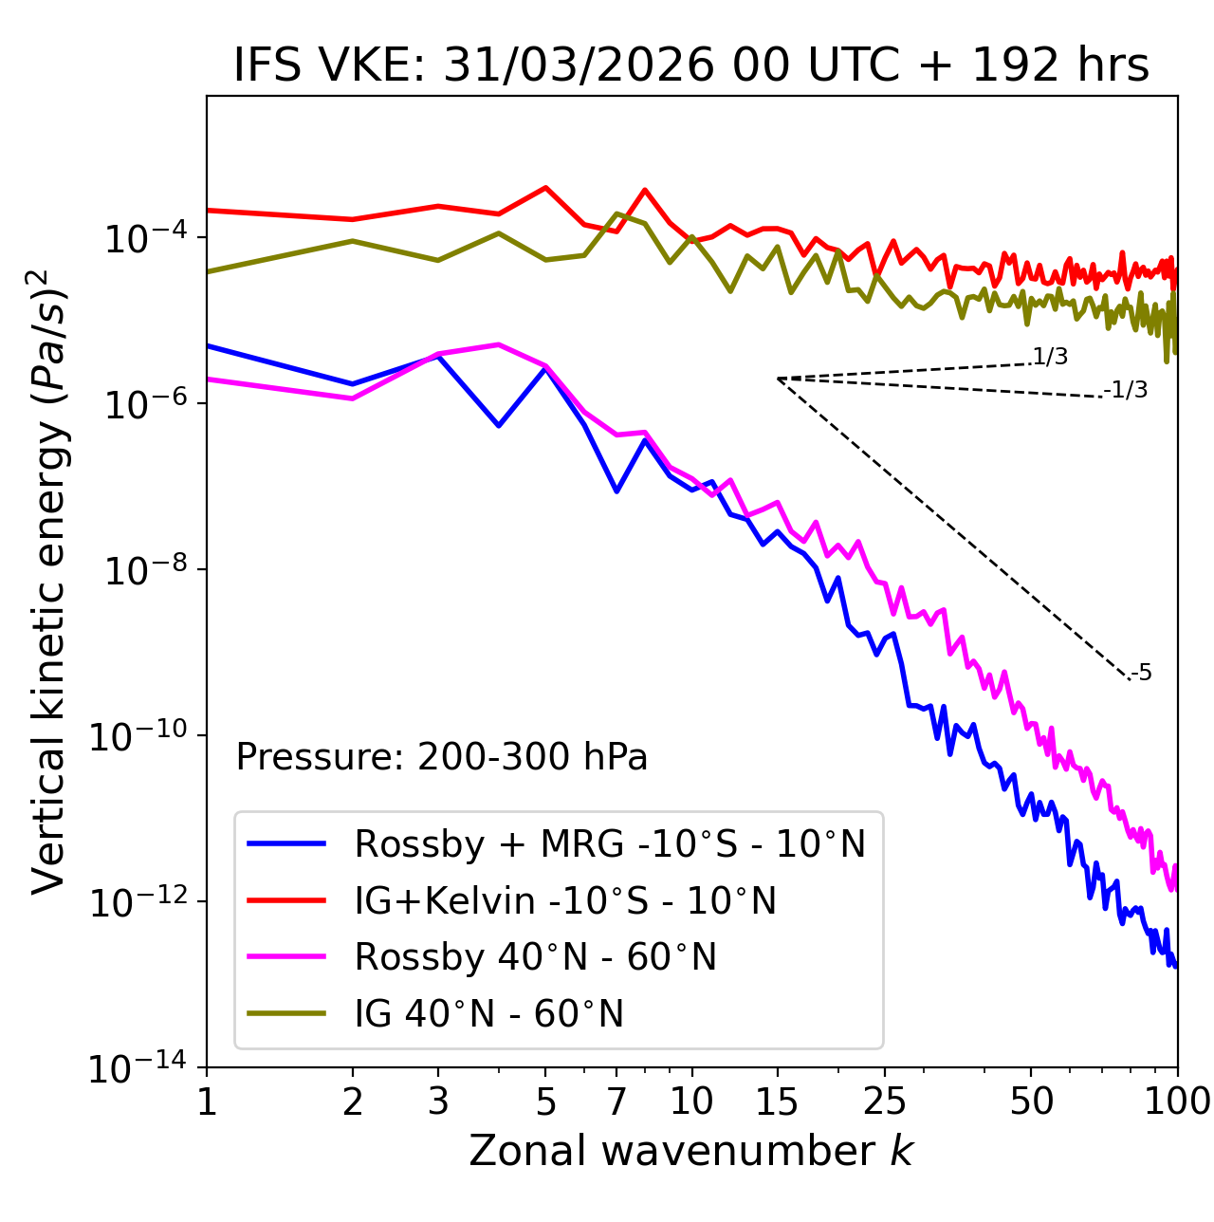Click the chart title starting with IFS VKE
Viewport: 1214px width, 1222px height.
(x=691, y=65)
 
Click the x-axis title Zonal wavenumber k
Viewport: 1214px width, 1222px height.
(x=691, y=1150)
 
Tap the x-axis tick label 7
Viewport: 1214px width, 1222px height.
(x=616, y=1102)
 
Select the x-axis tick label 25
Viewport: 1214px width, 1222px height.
(x=885, y=1102)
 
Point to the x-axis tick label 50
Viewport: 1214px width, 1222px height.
(x=1032, y=1102)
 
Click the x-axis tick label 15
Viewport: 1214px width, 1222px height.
(x=777, y=1102)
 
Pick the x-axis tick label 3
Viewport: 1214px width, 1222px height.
(x=438, y=1102)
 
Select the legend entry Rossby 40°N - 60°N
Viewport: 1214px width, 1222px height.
(x=535, y=957)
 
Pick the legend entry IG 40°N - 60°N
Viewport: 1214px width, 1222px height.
(x=488, y=1014)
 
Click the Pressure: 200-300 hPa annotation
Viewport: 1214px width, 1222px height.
(x=442, y=757)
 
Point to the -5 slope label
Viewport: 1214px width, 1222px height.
(x=1141, y=673)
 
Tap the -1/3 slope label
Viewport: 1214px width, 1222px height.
(x=1127, y=390)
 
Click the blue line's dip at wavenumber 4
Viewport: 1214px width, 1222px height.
(x=499, y=425)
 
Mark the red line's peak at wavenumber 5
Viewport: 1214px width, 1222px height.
(x=545, y=187)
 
